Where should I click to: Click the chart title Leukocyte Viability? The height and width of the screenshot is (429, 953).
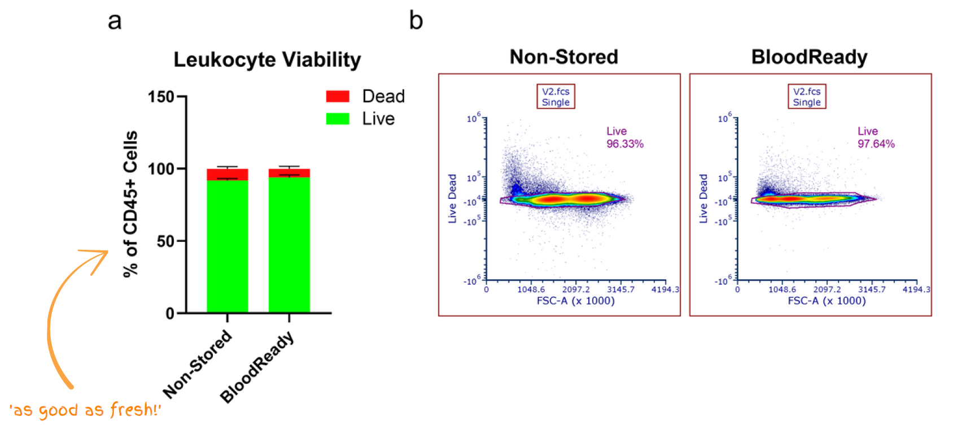pos(267,59)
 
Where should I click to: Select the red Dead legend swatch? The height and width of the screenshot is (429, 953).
pos(338,96)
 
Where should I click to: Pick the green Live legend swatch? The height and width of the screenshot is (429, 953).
pos(338,119)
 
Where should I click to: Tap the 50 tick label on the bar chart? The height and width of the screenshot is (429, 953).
pos(166,241)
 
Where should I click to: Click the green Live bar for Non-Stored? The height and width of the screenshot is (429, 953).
pos(228,246)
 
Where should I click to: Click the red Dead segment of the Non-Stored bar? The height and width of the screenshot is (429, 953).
pos(228,174)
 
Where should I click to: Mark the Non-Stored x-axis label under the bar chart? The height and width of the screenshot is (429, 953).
pos(198,363)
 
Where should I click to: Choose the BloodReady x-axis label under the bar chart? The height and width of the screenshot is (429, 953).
pos(257,367)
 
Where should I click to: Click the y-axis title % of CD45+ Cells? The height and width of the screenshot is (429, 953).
pos(130,204)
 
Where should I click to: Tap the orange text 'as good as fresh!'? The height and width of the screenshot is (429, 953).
pos(85,409)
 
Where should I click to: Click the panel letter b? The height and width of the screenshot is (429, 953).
pos(416,21)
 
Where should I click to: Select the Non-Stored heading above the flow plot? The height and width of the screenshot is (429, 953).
pos(563,57)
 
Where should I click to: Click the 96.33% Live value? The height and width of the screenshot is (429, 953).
pos(625,144)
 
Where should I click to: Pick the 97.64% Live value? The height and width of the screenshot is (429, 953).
pos(876,144)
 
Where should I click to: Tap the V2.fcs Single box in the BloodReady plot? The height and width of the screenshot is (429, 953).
pos(807,97)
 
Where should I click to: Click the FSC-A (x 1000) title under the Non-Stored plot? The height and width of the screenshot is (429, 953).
pos(575,301)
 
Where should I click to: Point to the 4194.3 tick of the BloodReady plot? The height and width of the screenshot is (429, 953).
pos(916,289)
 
